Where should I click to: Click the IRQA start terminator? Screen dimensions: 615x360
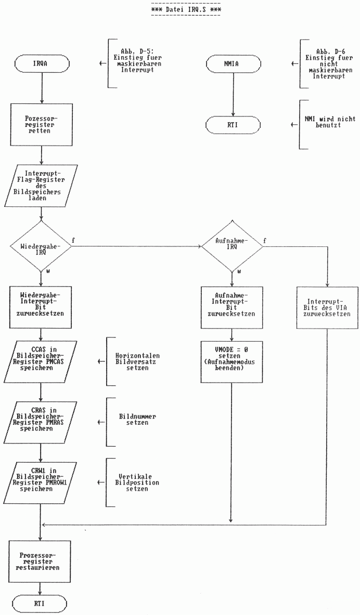41,64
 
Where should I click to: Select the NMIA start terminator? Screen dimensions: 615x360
232,64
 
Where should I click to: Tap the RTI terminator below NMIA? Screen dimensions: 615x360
232,125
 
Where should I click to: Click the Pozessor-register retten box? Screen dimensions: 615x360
41,125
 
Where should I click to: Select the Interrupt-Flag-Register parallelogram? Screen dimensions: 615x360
41,185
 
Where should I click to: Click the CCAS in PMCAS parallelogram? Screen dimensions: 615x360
41,355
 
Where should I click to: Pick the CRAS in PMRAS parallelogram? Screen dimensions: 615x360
41,416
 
